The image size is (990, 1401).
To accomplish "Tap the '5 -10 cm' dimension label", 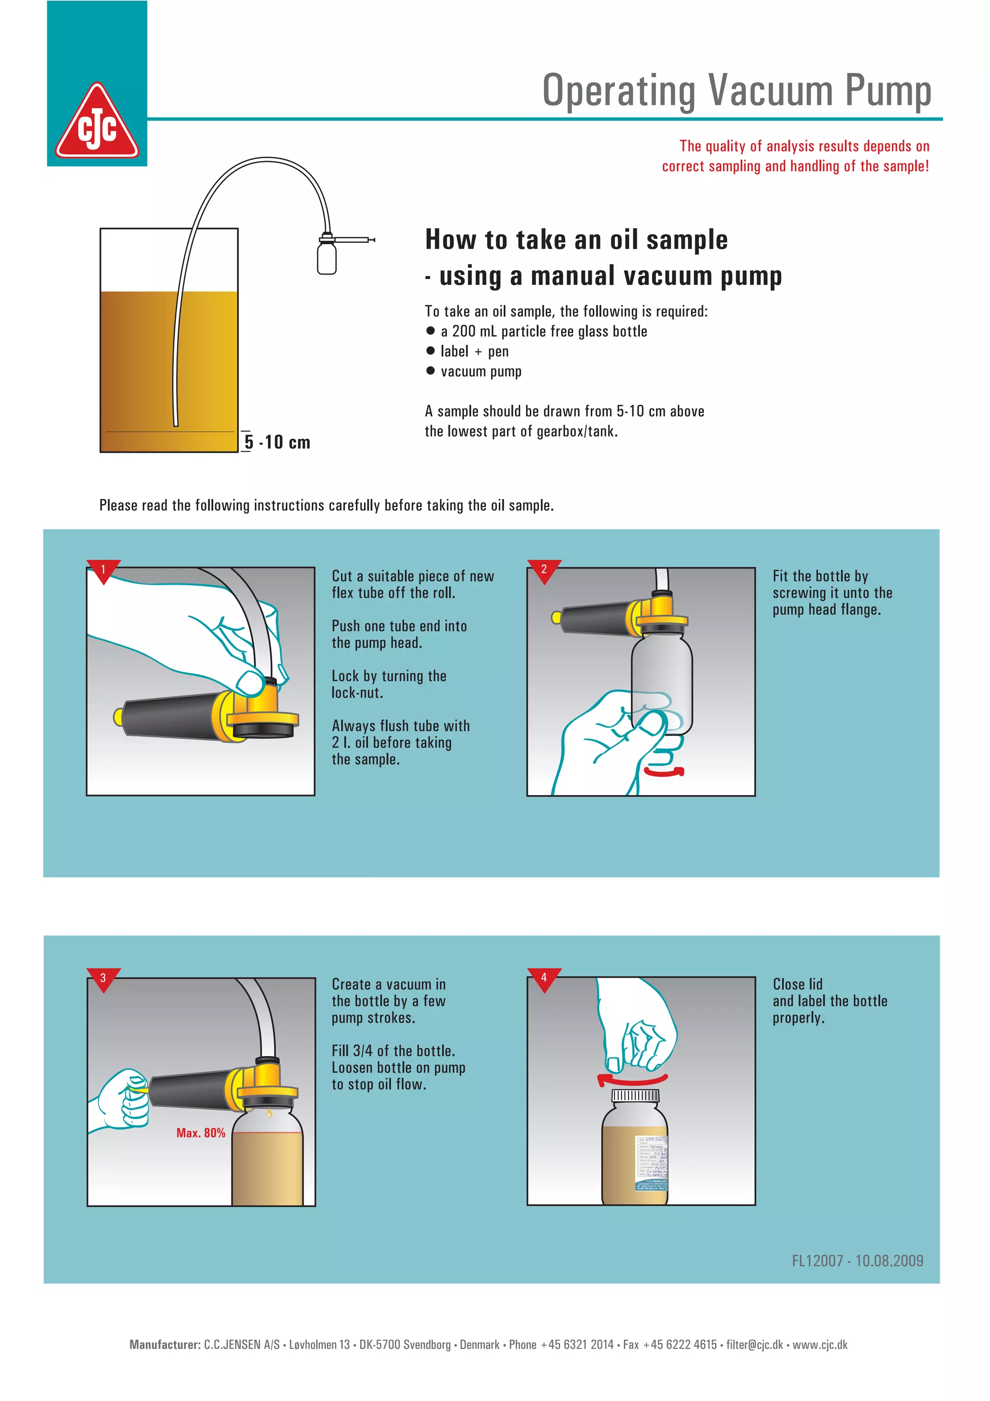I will coord(277,442).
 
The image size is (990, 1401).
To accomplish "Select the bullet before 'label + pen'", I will coord(431,351).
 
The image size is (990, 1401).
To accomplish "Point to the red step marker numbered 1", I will coord(103,569).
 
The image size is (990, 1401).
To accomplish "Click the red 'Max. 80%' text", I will coord(201,1133).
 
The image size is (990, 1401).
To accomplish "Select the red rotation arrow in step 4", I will coord(631,1079).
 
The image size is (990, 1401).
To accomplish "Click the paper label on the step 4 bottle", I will coord(652,1163).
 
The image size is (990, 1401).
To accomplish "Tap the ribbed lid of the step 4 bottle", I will coord(635,1096).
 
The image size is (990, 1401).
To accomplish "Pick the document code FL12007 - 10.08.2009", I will coord(857,1261).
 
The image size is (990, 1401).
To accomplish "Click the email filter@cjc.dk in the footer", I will coord(754,1345).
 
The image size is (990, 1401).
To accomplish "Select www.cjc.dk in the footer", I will coord(820,1345).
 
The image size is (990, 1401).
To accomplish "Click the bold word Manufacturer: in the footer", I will coord(165,1345).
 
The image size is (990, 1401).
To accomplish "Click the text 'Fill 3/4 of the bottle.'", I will coord(393,1051).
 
